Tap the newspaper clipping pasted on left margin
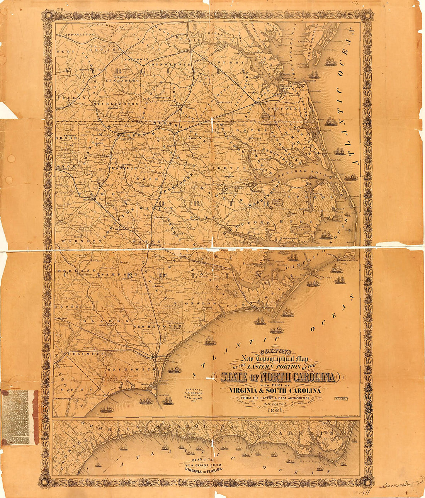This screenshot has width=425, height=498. tap(20, 417)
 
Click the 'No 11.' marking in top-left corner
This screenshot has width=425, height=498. tap(49, 8)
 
